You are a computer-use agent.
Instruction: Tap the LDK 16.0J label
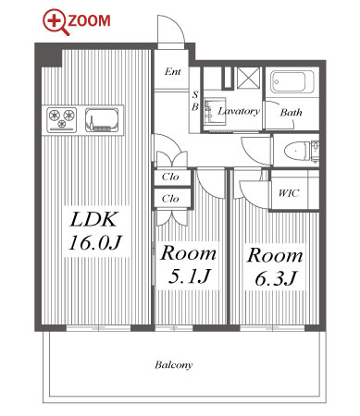(95, 231)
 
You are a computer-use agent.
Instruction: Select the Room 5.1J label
(188, 264)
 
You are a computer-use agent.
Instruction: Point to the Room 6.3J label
(275, 266)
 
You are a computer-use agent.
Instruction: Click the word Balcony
(174, 365)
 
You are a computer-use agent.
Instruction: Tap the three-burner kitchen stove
(62, 119)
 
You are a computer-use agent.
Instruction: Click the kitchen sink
(102, 119)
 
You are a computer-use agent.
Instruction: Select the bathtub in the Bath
(292, 82)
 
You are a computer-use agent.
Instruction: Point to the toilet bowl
(296, 151)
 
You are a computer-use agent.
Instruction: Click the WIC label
(289, 193)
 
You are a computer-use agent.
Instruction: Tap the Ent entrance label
(173, 72)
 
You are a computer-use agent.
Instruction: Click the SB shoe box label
(195, 101)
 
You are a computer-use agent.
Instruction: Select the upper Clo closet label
(170, 177)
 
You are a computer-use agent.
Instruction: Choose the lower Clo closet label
(170, 199)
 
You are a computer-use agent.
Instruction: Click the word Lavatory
(239, 111)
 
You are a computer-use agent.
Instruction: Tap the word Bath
(291, 112)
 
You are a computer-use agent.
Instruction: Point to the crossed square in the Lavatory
(249, 77)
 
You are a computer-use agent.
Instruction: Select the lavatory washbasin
(214, 111)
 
